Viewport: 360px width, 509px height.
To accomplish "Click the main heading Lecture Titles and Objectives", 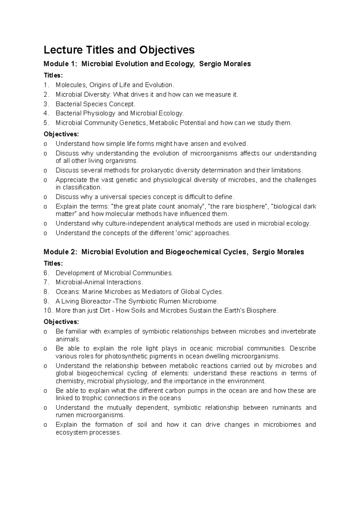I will click(119, 50).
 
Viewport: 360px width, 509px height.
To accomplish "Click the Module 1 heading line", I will click(147, 64).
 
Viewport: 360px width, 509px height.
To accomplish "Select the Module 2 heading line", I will click(174, 252).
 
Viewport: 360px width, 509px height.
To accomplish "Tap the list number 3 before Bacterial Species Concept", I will click(46, 104).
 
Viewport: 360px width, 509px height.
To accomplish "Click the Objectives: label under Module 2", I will click(61, 322).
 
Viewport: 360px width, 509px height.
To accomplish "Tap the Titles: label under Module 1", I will click(53, 75).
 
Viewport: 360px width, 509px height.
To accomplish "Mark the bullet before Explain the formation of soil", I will click(45, 425).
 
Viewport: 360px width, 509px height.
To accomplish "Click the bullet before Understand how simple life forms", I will click(45, 144).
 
